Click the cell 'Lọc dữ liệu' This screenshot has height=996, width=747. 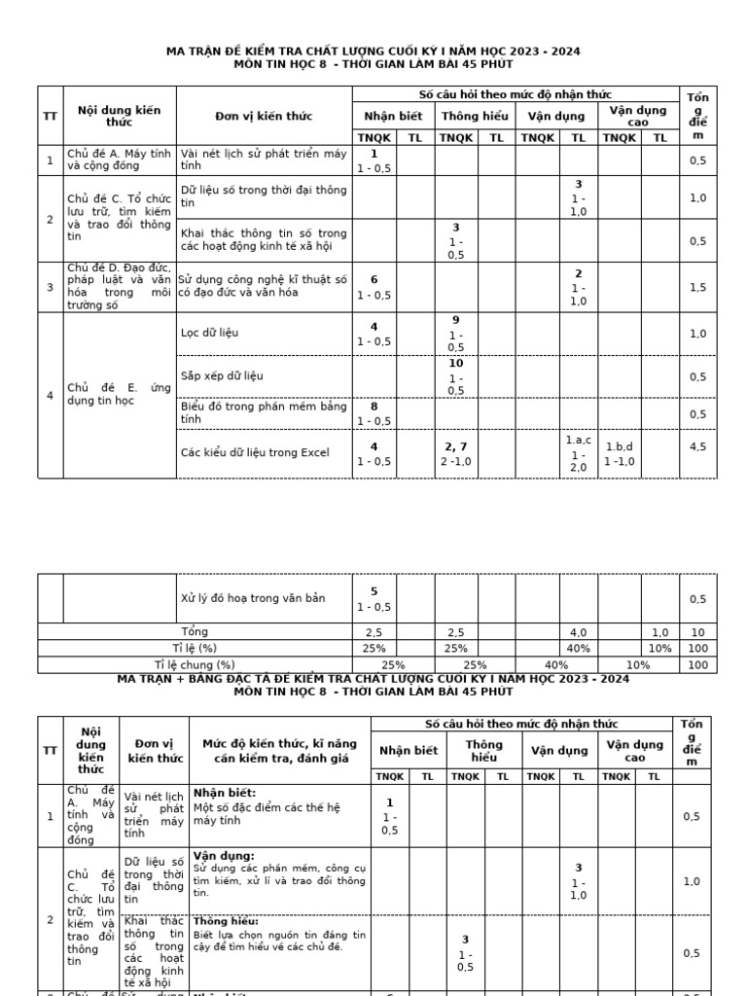209,333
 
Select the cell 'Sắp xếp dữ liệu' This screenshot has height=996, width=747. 222,375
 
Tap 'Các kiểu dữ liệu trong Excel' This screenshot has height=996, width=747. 255,452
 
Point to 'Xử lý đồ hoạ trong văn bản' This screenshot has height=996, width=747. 252,598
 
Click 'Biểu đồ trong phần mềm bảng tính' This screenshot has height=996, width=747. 263,412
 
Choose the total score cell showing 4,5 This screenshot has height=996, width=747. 697,447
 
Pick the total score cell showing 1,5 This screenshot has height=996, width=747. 697,287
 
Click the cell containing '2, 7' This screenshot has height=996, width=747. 455,453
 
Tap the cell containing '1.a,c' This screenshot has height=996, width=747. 578,453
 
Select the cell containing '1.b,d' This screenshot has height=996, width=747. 619,453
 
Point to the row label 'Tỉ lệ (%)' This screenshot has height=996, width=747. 195,648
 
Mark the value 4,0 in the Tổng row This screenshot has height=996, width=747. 578,632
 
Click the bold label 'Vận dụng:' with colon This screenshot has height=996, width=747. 224,855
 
